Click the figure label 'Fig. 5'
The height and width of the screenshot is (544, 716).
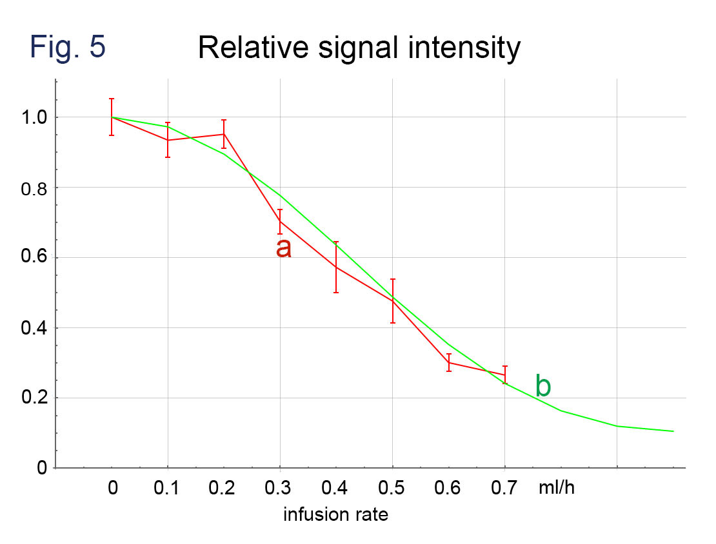pyautogui.click(x=67, y=48)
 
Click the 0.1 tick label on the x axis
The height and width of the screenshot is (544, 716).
pyautogui.click(x=168, y=489)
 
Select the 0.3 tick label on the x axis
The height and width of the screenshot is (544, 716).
pyautogui.click(x=280, y=489)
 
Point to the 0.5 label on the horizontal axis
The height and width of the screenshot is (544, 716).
pyautogui.click(x=392, y=489)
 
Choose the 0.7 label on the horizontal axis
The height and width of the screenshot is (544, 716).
pyautogui.click(x=504, y=489)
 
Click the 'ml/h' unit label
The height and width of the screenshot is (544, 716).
pyautogui.click(x=556, y=489)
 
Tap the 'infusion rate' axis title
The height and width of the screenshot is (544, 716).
pyautogui.click(x=336, y=515)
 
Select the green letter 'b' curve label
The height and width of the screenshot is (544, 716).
pyautogui.click(x=543, y=386)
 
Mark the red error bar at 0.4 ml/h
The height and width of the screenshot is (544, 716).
pyautogui.click(x=336, y=267)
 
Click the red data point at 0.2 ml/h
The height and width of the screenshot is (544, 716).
pyautogui.click(x=224, y=134)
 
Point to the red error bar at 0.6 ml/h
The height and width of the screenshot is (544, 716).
pyautogui.click(x=448, y=362)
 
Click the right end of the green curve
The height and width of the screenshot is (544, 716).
pyautogui.click(x=673, y=431)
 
